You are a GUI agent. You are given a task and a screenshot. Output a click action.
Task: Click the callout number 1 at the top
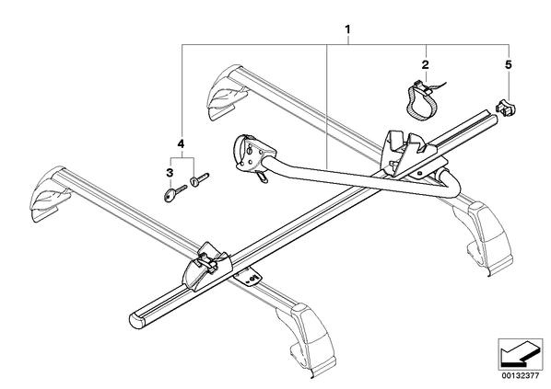(x=348, y=29)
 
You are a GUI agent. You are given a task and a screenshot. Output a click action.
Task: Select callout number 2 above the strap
(x=426, y=64)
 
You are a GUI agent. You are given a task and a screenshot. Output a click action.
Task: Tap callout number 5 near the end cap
(x=508, y=64)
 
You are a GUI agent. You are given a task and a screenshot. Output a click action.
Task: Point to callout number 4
(x=181, y=143)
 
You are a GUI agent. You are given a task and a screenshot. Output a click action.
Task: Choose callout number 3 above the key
(x=170, y=173)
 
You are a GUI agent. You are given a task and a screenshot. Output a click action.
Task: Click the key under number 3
(x=175, y=193)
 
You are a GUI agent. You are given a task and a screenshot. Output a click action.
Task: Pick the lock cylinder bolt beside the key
(x=199, y=178)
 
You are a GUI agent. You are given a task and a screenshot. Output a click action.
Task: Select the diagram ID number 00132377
(x=520, y=376)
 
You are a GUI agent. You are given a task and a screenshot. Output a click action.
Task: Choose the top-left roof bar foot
(x=226, y=92)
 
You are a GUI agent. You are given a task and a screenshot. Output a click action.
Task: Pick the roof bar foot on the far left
(x=48, y=195)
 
